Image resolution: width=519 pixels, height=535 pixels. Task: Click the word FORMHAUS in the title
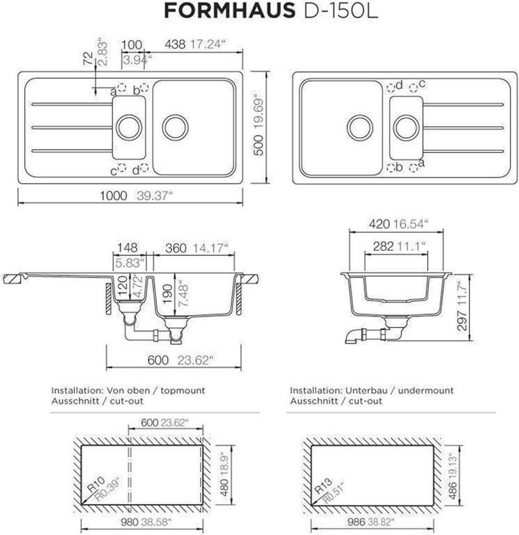(x=229, y=11)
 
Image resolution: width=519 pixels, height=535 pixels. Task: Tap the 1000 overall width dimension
(x=113, y=196)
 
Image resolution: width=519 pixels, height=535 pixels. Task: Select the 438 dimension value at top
(x=175, y=44)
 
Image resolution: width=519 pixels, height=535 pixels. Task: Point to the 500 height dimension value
(x=259, y=145)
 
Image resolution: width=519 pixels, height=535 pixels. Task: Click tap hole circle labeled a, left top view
(x=122, y=88)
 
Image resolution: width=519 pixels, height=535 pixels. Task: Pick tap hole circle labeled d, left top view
(x=144, y=168)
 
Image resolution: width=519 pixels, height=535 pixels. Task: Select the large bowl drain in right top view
(x=360, y=128)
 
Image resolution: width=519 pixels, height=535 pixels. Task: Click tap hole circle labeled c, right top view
(x=413, y=88)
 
